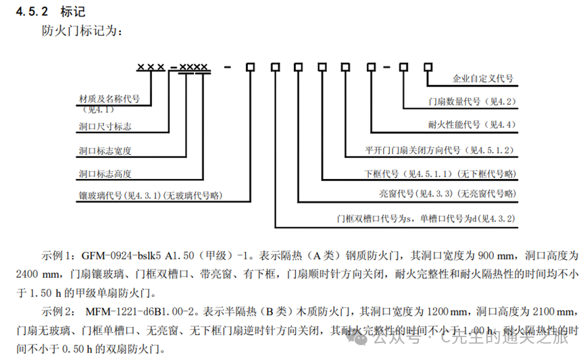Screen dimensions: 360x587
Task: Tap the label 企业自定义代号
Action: (482, 79)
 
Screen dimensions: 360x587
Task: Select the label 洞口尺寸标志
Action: (105, 126)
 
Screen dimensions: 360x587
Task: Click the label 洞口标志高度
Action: (105, 174)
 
